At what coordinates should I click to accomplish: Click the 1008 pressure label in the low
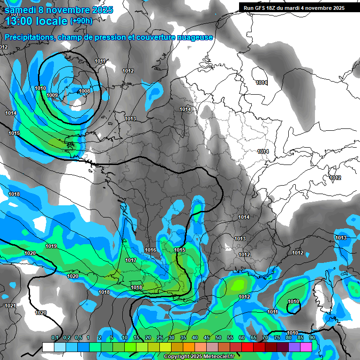(84, 91)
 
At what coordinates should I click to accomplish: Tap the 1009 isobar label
(52, 95)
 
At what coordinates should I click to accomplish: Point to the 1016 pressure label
(150, 250)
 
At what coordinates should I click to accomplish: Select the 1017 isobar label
(131, 260)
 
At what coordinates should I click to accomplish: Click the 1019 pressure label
(51, 246)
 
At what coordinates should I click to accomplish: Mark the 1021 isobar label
(10, 306)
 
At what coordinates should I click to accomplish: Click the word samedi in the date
(21, 9)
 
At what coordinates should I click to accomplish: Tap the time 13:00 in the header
(20, 21)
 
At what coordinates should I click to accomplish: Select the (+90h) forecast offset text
(81, 21)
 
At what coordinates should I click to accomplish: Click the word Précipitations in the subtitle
(28, 37)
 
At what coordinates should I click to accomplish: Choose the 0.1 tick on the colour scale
(54, 338)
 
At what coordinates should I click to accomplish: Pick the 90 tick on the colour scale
(312, 338)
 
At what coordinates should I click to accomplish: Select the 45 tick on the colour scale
(207, 338)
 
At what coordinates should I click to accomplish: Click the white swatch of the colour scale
(48, 347)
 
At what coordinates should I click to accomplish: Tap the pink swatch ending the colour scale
(306, 347)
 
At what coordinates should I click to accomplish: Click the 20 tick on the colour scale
(148, 338)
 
